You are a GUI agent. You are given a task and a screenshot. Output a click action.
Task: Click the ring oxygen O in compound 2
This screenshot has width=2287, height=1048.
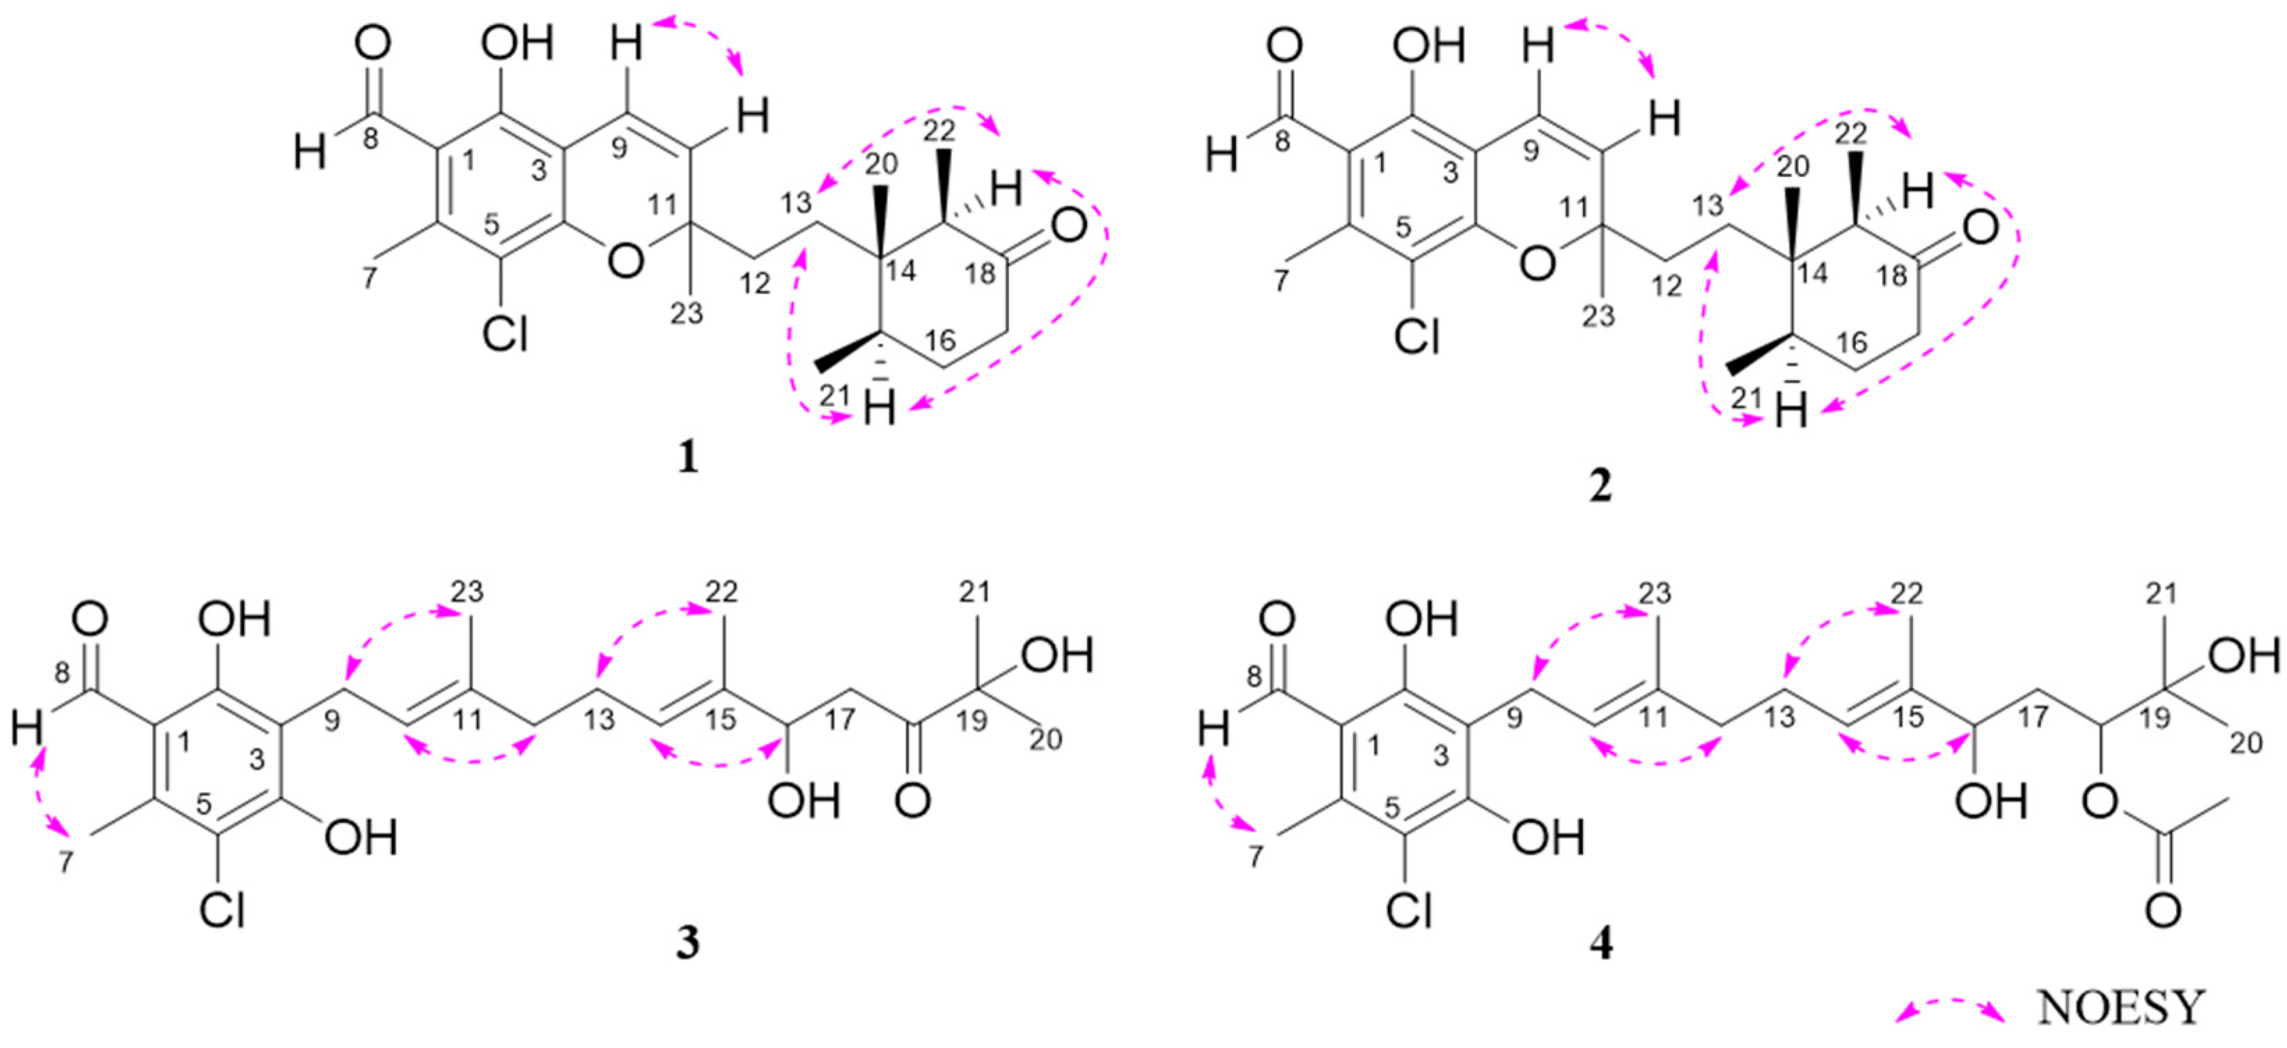[1538, 262]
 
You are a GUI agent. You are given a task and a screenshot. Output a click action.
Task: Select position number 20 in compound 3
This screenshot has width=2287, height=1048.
[1046, 738]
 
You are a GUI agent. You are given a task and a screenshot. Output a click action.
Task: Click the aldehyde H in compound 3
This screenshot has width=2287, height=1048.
[29, 731]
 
